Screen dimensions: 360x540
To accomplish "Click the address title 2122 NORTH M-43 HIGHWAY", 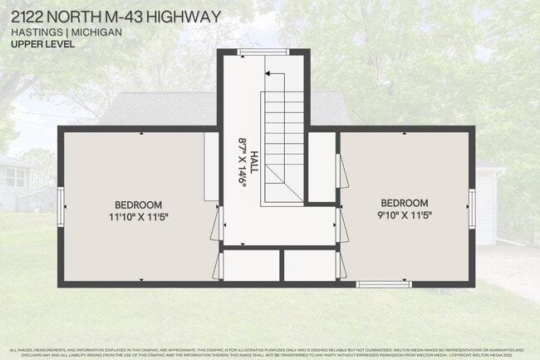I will (x=116, y=17).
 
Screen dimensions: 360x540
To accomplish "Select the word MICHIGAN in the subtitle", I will (x=97, y=32).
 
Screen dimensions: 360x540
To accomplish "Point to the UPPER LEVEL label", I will (x=43, y=44).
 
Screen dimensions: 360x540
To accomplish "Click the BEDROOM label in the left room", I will (x=138, y=205).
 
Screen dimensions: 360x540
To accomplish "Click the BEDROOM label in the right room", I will (x=405, y=203).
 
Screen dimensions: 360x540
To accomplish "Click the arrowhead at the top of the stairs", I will (x=269, y=75).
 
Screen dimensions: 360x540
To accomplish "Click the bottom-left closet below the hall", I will (x=251, y=265).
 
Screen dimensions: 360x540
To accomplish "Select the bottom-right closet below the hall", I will (x=309, y=265).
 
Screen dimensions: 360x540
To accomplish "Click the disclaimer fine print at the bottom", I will (x=270, y=352).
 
